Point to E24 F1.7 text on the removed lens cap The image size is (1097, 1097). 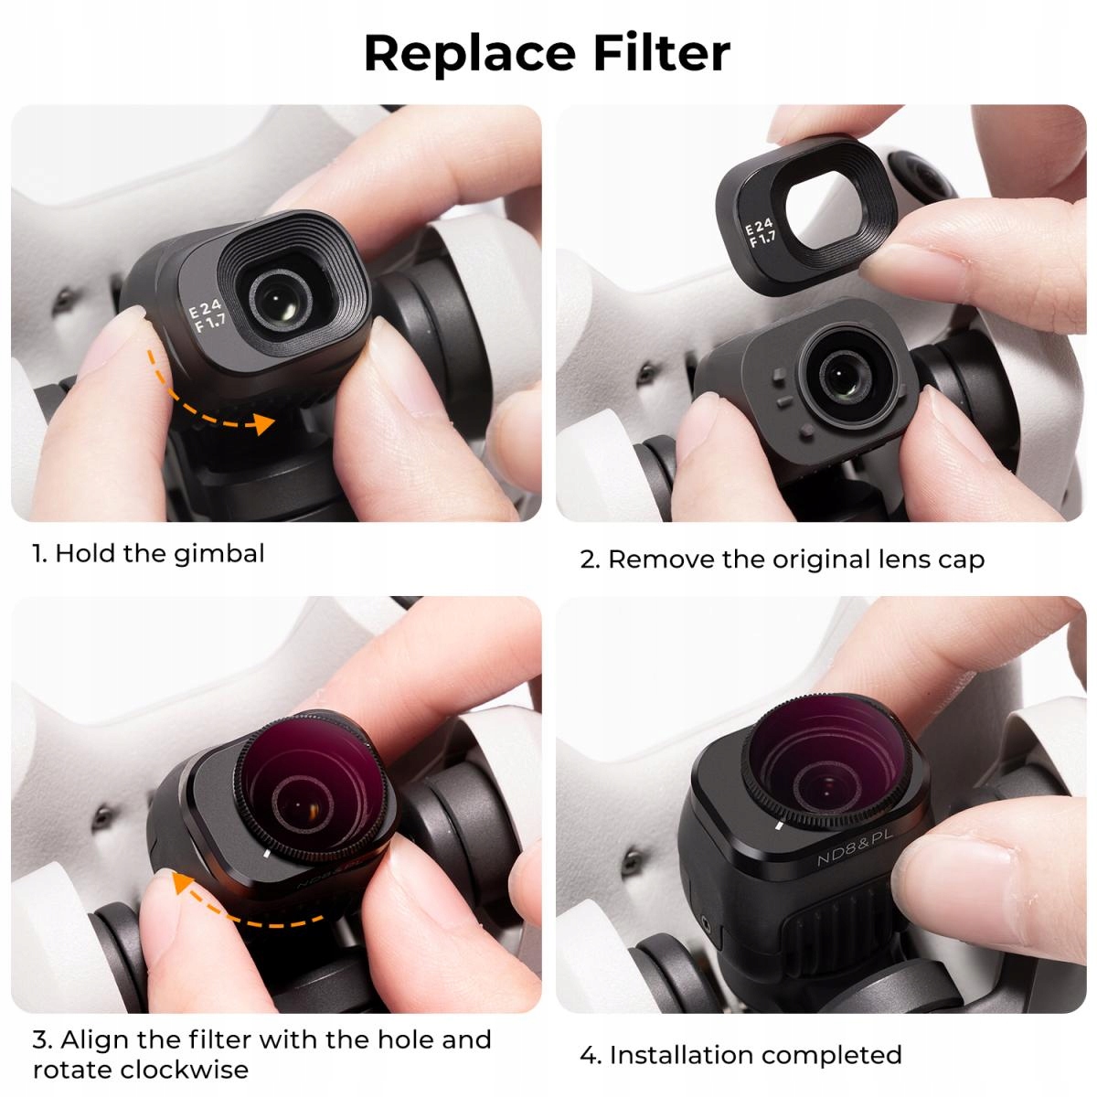[761, 234]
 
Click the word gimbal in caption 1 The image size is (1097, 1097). [219, 554]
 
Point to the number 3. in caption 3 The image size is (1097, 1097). [42, 1040]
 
